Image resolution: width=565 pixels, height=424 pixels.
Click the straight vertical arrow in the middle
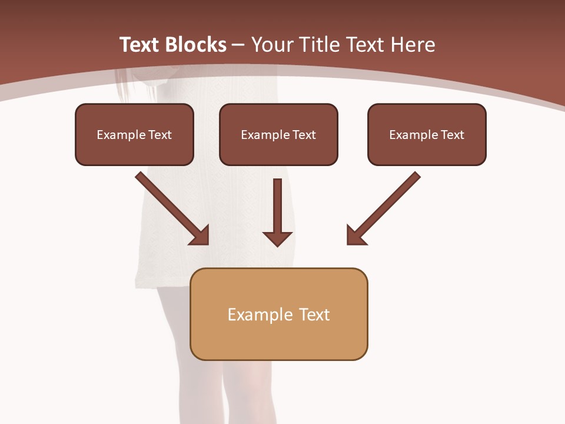point(278,206)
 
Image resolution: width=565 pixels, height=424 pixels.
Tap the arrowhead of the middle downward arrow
point(278,238)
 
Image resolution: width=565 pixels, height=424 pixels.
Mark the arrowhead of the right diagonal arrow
point(355,236)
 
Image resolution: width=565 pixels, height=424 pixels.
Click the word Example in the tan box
point(252,314)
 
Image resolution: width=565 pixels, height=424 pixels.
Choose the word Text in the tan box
point(314,314)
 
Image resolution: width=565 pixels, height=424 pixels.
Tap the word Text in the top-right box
point(452,135)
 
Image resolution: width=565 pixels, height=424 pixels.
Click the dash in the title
point(238,45)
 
